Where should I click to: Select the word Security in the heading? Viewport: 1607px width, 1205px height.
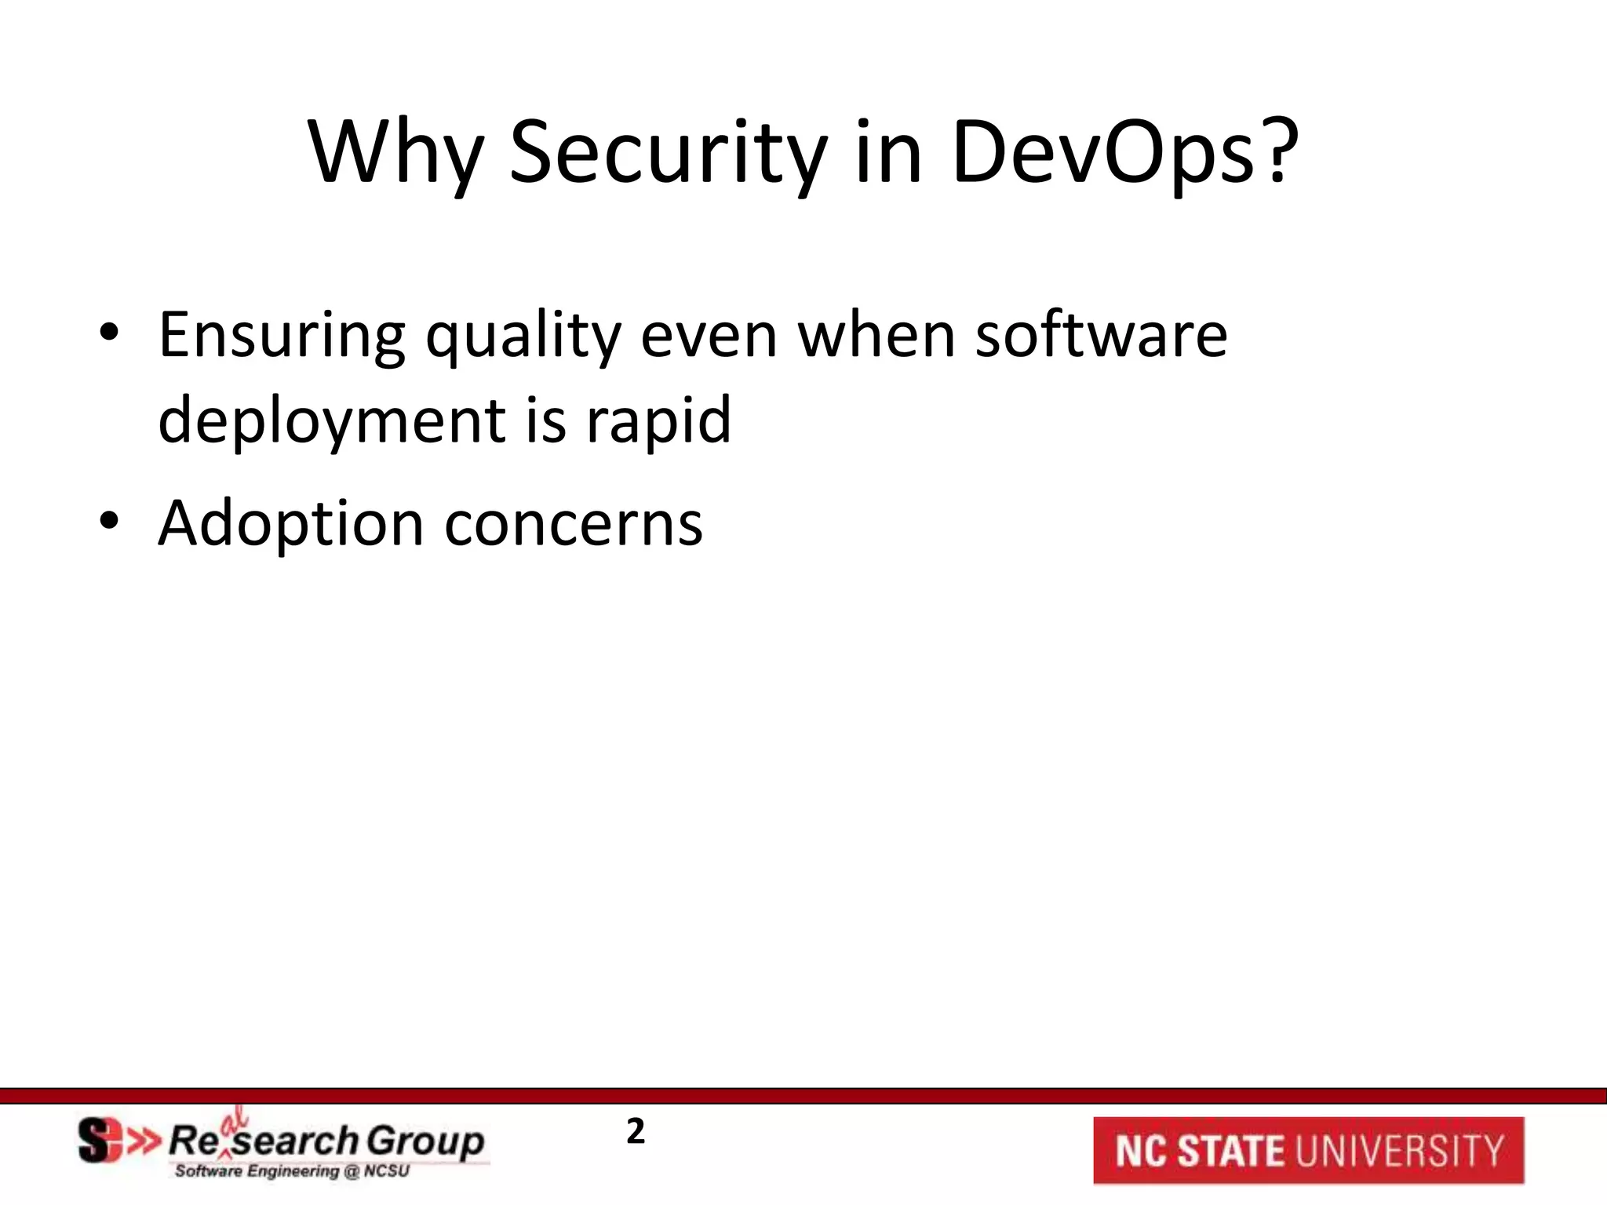(668, 152)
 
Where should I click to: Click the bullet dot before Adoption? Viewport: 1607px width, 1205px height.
(109, 523)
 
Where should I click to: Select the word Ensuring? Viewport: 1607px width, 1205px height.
(282, 336)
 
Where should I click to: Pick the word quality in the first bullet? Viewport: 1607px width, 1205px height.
(523, 336)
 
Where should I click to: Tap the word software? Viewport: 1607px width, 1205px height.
(1100, 336)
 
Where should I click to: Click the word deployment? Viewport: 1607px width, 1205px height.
(331, 420)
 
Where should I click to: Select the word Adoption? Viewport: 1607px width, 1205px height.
(290, 523)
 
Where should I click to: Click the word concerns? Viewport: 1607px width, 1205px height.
(573, 523)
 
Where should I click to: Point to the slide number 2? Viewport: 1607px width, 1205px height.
(635, 1132)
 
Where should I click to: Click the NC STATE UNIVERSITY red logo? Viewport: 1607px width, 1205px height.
(1308, 1150)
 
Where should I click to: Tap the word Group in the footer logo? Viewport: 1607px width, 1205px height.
(425, 1140)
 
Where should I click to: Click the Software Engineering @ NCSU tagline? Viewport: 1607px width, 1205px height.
(292, 1172)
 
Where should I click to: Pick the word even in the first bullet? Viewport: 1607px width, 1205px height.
(708, 336)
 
